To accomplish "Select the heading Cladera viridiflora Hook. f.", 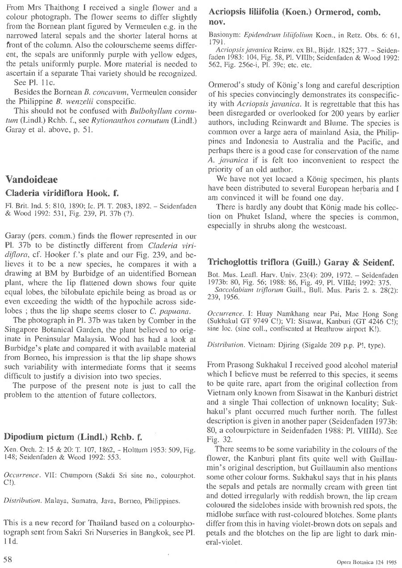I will tap(61, 194).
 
